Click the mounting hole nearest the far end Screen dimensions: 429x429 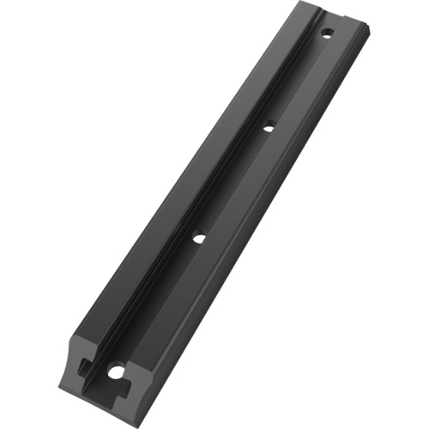coord(326,33)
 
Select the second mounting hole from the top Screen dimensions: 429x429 coord(269,128)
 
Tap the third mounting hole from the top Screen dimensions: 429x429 coord(197,239)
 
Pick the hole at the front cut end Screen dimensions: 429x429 coord(115,372)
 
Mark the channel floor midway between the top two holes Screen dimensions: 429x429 coord(297,82)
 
